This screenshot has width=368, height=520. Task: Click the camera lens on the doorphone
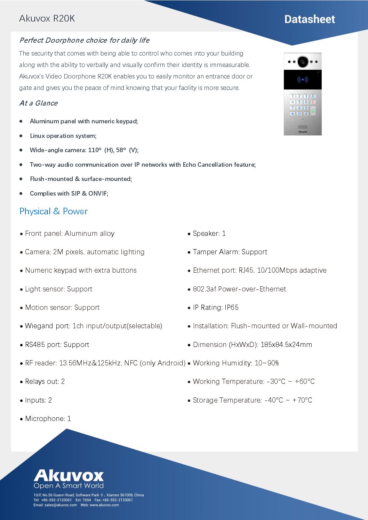(x=303, y=61)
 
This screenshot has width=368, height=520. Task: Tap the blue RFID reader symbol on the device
(x=303, y=80)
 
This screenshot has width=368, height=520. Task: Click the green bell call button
(x=313, y=111)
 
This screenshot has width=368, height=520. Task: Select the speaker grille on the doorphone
(x=303, y=127)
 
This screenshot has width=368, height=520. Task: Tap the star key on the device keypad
(x=293, y=114)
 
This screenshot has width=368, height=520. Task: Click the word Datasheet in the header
(x=310, y=19)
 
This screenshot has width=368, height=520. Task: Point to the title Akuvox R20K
(x=47, y=18)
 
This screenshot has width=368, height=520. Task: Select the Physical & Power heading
(x=54, y=211)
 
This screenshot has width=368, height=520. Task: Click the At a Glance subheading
(x=39, y=103)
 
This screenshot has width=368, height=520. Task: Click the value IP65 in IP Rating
(x=232, y=307)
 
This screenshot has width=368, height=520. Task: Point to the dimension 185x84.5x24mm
(x=286, y=345)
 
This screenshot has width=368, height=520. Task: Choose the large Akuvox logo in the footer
(x=69, y=476)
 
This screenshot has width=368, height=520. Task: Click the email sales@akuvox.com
(x=61, y=505)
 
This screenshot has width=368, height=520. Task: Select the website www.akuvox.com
(x=104, y=505)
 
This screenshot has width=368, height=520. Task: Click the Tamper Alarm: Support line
(x=230, y=252)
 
